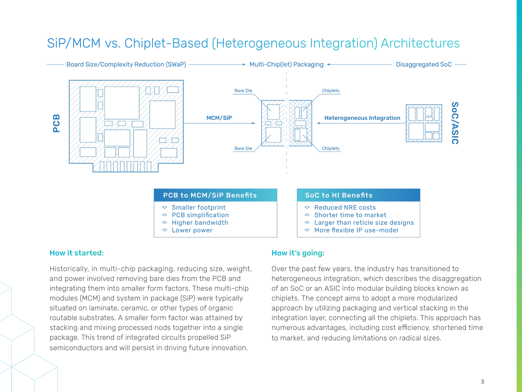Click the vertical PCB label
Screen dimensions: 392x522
coord(57,123)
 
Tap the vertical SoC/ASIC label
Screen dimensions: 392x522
coord(455,123)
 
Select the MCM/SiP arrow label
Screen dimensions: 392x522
coord(219,118)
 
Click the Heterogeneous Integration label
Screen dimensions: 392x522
coord(362,118)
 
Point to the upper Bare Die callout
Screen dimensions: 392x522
coord(243,91)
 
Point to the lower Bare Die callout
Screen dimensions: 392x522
coord(243,148)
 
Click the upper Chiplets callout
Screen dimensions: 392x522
coord(331,91)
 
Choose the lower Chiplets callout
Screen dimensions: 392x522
coord(331,148)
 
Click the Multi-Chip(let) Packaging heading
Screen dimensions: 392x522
coord(286,64)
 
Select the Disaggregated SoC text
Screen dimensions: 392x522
coord(424,64)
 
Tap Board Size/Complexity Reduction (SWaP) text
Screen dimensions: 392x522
coord(126,64)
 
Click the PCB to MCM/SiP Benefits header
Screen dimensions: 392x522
coord(210,195)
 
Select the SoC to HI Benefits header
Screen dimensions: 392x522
coord(339,195)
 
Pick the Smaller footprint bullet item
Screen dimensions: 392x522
coord(198,207)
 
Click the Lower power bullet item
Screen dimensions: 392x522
coord(192,230)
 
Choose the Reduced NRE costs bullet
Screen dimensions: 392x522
coord(345,207)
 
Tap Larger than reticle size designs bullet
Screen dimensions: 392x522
coord(364,223)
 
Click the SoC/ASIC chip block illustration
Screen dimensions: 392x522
coord(424,123)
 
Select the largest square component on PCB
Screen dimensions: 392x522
coord(122,103)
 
